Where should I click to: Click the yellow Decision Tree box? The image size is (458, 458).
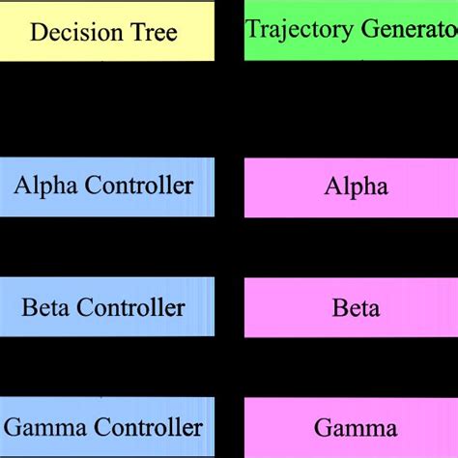pyautogui.click(x=106, y=31)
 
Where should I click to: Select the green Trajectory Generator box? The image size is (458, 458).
pyautogui.click(x=351, y=31)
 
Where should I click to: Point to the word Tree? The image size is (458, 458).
pyautogui.click(x=153, y=33)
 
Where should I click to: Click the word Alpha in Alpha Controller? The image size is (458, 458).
pyautogui.click(x=40, y=186)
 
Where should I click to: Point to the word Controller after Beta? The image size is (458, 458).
pyautogui.click(x=129, y=308)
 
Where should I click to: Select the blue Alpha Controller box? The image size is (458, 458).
pyautogui.click(x=106, y=186)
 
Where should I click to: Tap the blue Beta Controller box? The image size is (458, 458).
pyautogui.click(x=106, y=308)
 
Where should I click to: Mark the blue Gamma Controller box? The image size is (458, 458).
pyautogui.click(x=106, y=428)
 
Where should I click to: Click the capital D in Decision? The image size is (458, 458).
pyautogui.click(x=38, y=33)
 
